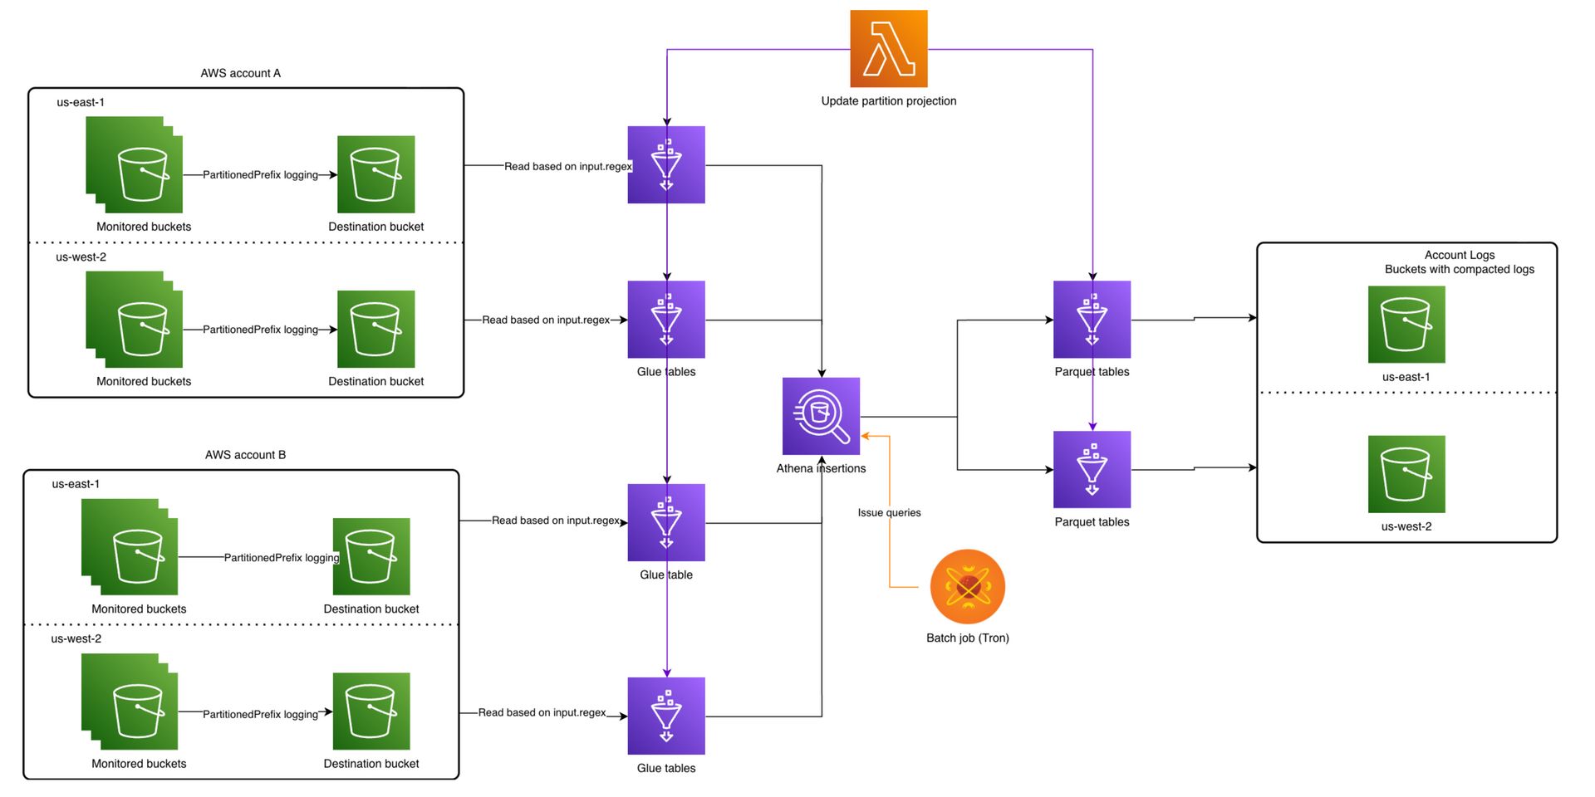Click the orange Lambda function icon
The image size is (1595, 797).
(x=888, y=48)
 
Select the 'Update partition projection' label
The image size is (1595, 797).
(x=888, y=101)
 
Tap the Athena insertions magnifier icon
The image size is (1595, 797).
(x=821, y=416)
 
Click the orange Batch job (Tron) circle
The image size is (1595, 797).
(x=967, y=586)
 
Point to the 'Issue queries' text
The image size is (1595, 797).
(x=889, y=513)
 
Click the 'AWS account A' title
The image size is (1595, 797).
(x=240, y=73)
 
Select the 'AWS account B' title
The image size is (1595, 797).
(x=245, y=455)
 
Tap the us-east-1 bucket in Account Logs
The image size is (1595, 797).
(x=1406, y=325)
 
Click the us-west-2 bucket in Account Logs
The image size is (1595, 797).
(x=1406, y=474)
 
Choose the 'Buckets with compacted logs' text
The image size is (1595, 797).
(x=1459, y=269)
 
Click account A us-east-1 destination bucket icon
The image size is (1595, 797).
(x=375, y=174)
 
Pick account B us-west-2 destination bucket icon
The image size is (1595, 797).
(x=371, y=711)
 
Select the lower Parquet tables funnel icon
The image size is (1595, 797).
(x=1092, y=469)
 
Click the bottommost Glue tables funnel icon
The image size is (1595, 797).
(x=665, y=716)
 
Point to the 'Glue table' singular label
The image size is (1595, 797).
(x=665, y=575)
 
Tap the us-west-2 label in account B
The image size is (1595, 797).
(x=76, y=638)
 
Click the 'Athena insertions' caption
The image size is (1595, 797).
(x=821, y=468)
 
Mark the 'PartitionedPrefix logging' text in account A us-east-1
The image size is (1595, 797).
(x=260, y=175)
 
